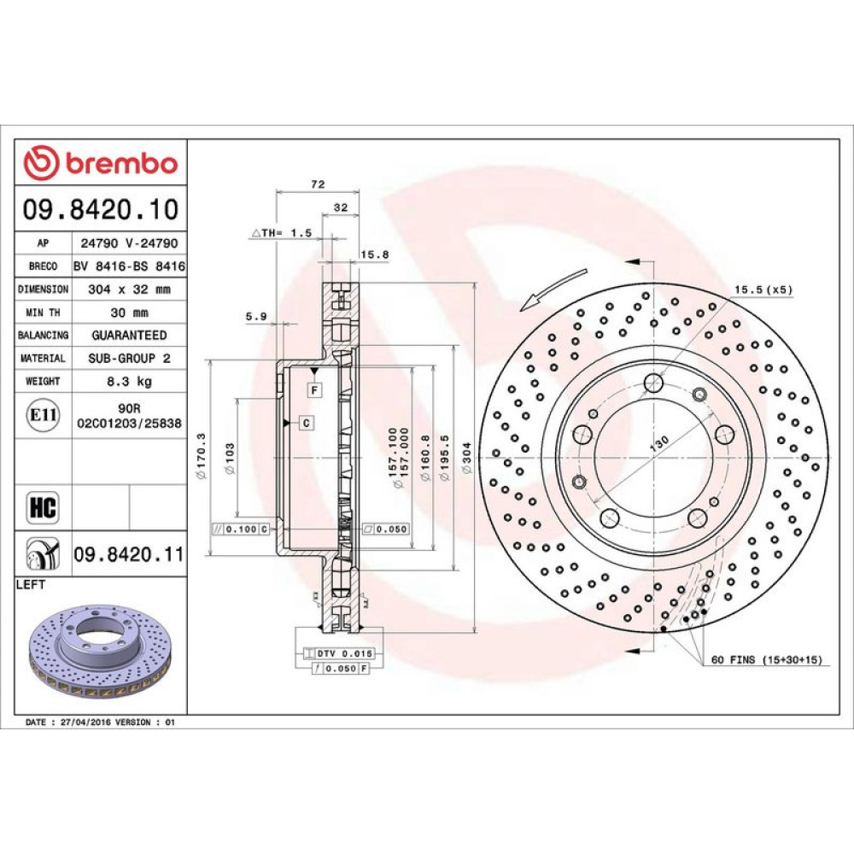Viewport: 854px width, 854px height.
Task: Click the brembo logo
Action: [101, 162]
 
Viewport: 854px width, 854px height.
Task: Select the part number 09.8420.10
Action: [101, 210]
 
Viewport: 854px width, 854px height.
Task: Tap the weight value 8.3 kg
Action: [130, 381]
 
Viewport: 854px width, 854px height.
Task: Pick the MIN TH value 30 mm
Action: [130, 313]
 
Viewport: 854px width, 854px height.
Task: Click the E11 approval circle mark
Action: [43, 416]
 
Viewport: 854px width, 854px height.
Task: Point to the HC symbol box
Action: [43, 507]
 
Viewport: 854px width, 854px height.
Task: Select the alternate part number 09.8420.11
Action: [130, 554]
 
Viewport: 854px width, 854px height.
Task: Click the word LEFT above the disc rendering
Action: [31, 585]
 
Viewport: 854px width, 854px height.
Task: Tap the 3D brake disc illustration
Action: [100, 651]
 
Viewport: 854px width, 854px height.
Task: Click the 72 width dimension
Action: [318, 184]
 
